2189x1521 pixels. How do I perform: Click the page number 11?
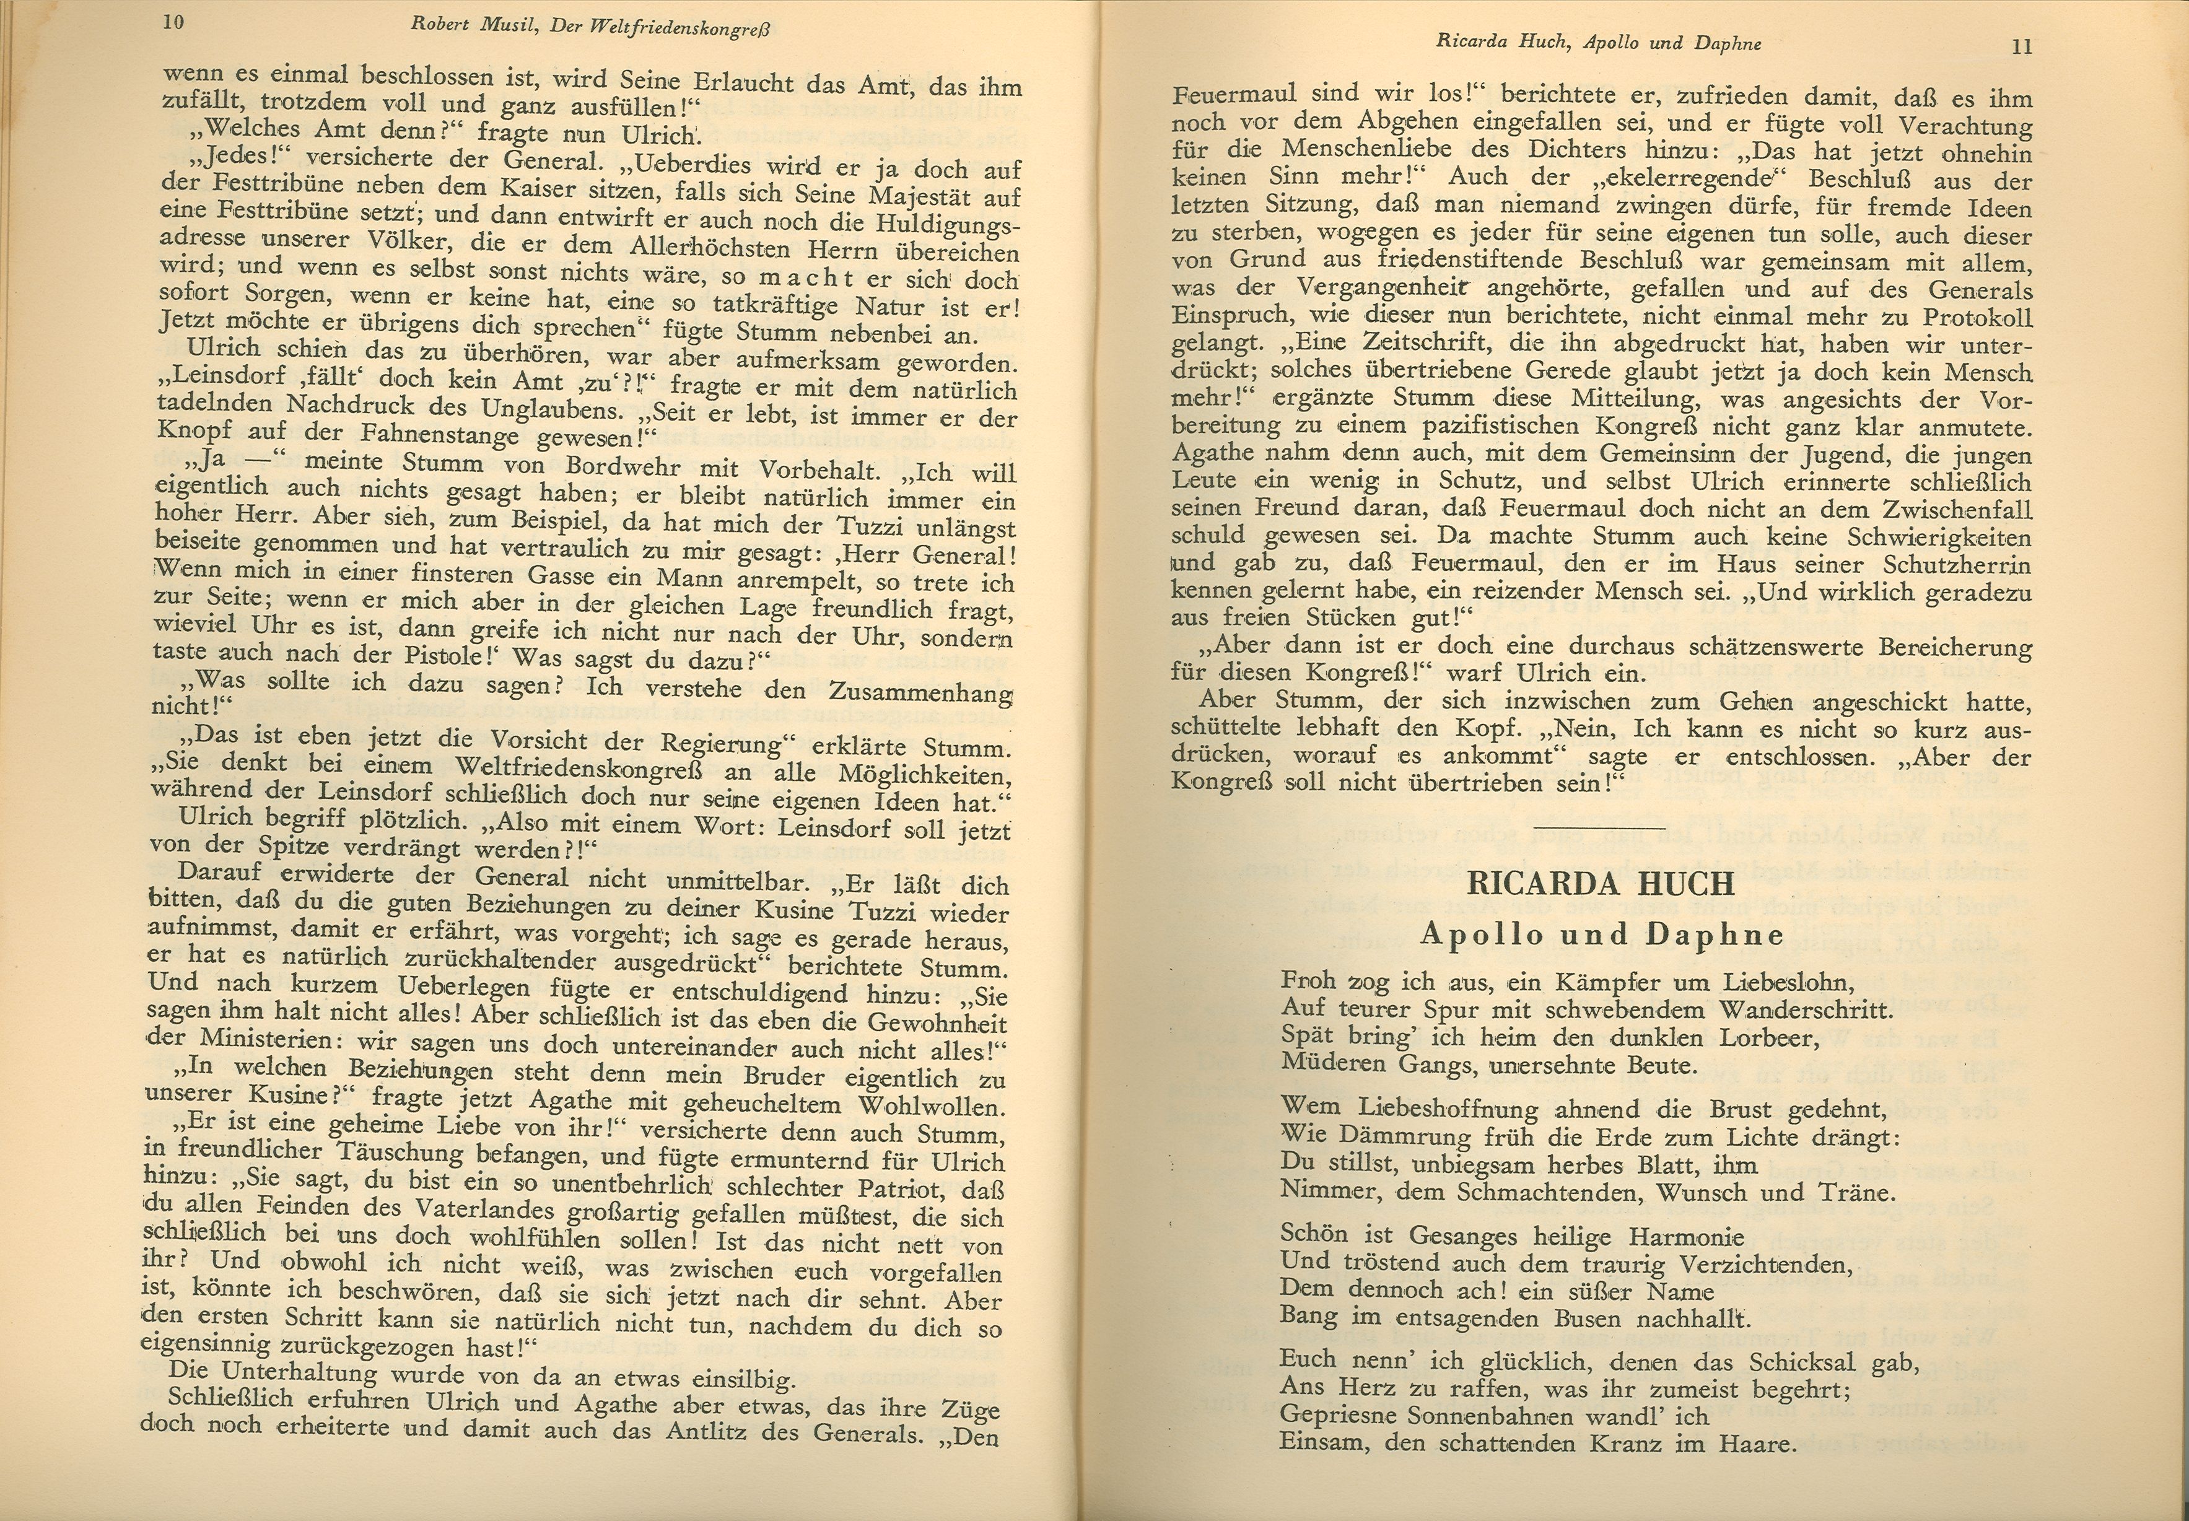pos(2021,46)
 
